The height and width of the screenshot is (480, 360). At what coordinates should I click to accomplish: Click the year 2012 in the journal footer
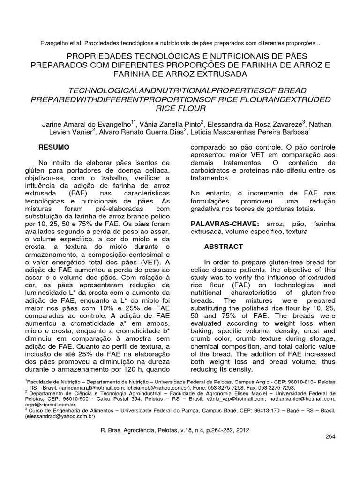point(242,430)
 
